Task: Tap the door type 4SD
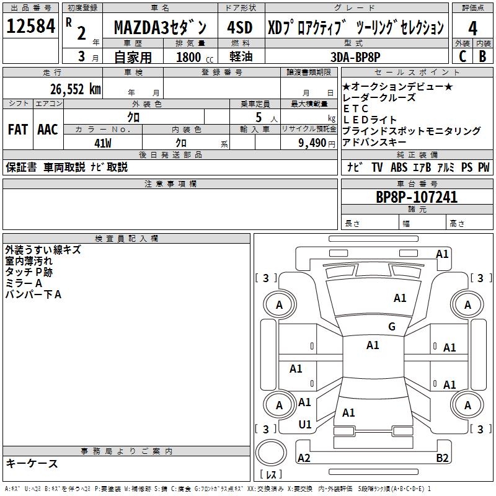point(240,28)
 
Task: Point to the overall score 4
point(472,27)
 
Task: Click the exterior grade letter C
point(463,55)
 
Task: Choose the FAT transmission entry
point(17,129)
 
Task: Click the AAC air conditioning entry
point(48,129)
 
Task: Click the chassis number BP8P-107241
point(417,197)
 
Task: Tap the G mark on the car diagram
point(391,327)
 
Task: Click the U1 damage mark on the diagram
point(305,425)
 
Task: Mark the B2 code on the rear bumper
point(443,458)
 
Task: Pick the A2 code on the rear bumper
point(304,458)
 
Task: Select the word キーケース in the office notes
point(32,463)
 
